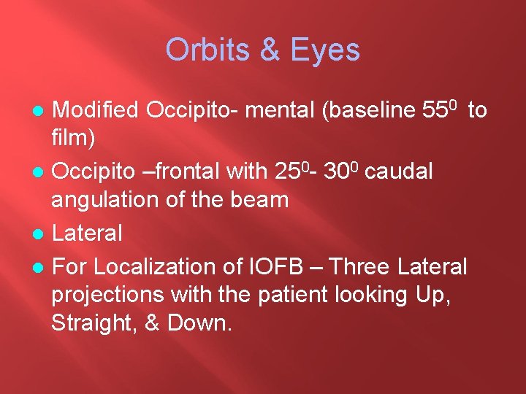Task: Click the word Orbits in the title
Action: pos(207,50)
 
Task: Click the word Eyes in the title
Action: pos(326,50)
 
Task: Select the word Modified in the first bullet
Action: pos(96,110)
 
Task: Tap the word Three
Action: pos(359,267)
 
